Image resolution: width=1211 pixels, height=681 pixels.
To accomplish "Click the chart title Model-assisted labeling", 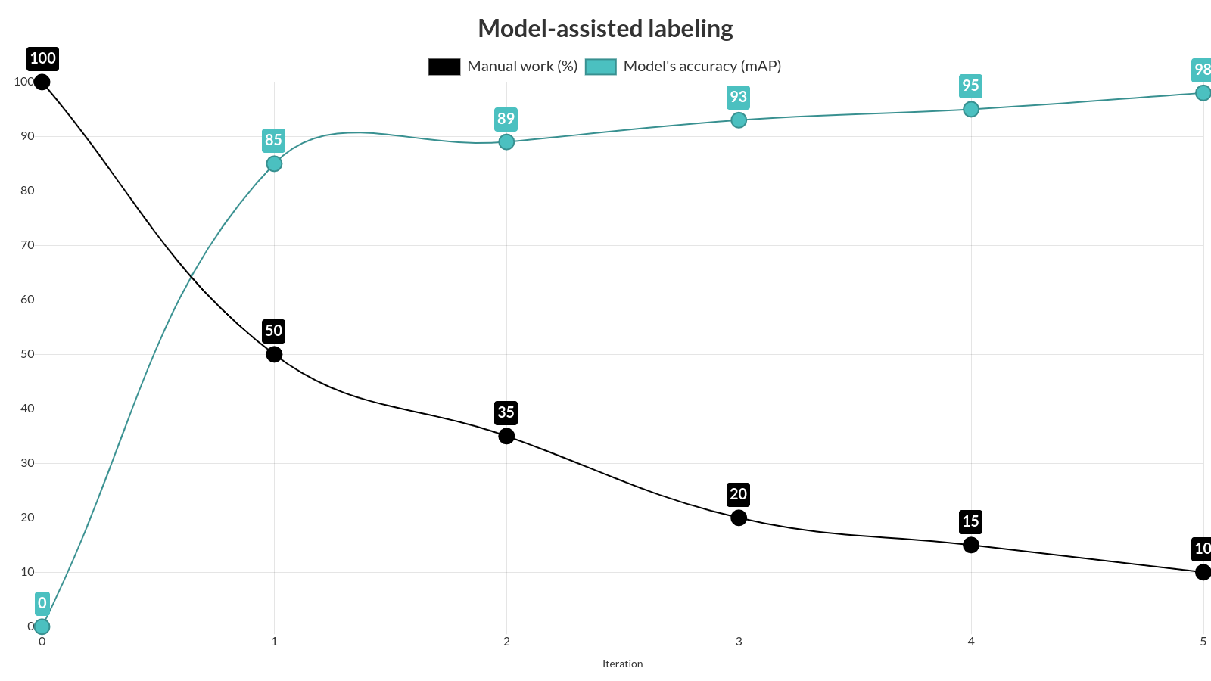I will (605, 29).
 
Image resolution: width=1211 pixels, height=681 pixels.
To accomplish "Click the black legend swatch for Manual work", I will (444, 67).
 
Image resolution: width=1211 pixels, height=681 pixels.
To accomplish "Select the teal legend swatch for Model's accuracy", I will (601, 67).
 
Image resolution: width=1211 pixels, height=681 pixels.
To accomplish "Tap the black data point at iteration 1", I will (274, 354).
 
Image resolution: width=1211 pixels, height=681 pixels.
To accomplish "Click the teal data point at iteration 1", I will (274, 163).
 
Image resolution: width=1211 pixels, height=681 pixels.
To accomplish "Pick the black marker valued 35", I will (506, 436).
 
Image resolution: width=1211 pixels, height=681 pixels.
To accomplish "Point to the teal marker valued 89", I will (506, 141).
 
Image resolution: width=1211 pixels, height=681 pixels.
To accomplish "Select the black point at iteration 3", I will (739, 518).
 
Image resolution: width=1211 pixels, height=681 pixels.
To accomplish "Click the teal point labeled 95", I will (971, 109).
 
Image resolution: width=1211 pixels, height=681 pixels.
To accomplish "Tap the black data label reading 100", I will (42, 58).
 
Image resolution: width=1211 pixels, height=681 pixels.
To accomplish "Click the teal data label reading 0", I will (42, 603).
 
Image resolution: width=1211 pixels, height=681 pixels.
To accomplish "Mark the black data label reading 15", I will (970, 521).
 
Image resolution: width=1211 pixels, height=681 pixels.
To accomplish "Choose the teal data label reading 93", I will (738, 97).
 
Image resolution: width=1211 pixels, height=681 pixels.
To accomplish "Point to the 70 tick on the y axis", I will (28, 245).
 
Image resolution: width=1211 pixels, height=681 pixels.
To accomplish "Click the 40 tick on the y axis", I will (28, 409).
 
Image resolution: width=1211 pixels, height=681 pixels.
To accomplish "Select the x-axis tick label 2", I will (506, 642).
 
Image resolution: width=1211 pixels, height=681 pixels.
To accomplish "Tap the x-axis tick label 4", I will (971, 642).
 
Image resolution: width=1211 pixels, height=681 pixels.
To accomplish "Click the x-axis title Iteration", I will (622, 664).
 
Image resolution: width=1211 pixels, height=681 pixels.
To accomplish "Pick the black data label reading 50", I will (273, 331).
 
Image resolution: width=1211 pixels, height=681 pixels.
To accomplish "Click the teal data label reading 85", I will (273, 140).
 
